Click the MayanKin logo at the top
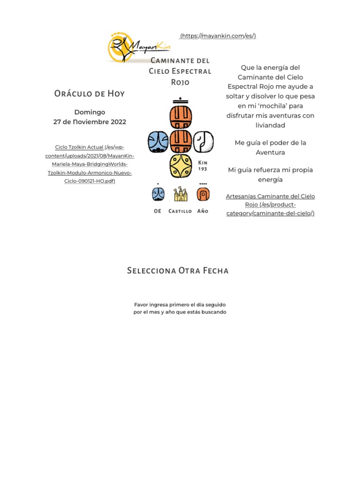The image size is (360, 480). [139, 47]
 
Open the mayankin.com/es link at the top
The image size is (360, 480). [218, 36]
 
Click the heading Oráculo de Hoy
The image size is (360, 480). [90, 93]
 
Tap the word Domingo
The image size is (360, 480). [90, 112]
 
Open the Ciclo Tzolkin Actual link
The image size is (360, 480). [79, 147]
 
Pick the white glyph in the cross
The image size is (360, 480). [203, 142]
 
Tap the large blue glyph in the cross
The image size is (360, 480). [158, 142]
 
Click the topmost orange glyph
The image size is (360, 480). [180, 117]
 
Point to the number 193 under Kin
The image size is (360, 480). [202, 169]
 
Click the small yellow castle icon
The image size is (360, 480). [180, 194]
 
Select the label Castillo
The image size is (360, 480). [180, 211]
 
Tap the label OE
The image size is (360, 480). [157, 211]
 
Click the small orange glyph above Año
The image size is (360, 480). [203, 194]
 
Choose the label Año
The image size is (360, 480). [202, 211]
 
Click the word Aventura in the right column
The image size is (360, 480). [270, 152]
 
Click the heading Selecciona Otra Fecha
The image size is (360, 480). [178, 271]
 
